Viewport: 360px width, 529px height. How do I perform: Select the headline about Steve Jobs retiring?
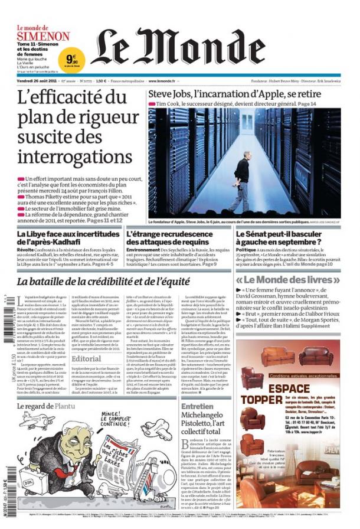click(234, 94)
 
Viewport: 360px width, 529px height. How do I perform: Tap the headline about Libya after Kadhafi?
click(68, 239)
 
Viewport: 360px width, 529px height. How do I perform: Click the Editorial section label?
click(86, 358)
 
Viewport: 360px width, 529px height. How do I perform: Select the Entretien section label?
click(197, 407)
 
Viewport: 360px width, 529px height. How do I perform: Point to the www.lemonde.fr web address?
click(163, 81)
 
